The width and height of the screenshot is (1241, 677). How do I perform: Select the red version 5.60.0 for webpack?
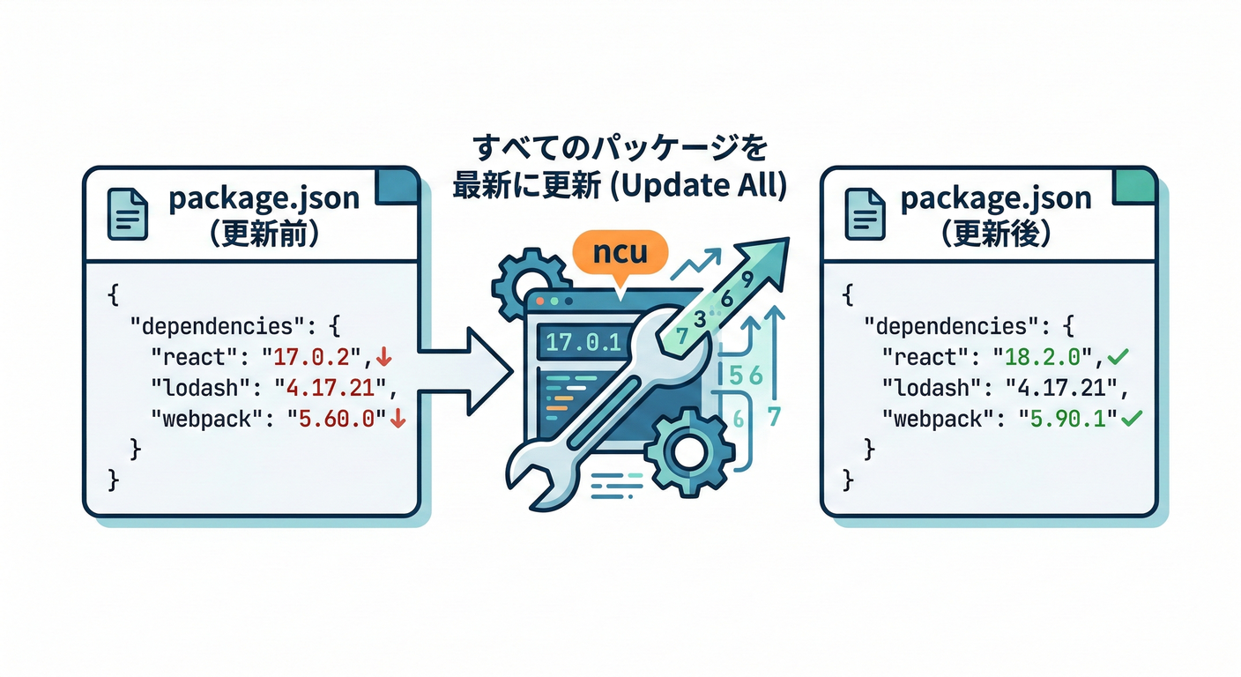tap(338, 419)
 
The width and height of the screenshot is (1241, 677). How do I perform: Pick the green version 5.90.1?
tap(1067, 418)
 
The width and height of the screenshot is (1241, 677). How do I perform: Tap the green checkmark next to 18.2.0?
tap(1118, 357)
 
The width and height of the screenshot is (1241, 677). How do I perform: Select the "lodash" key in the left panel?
tap(195, 389)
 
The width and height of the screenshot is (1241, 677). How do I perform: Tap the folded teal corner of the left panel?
tap(398, 184)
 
